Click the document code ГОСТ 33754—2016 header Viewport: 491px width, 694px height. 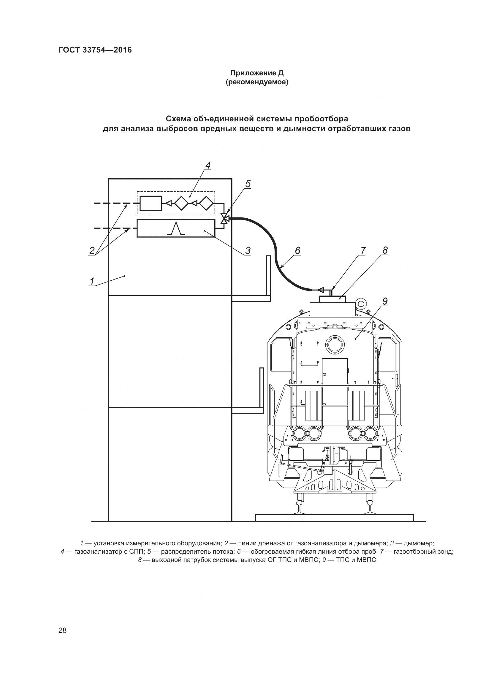click(x=95, y=50)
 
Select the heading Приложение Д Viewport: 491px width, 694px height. click(x=257, y=73)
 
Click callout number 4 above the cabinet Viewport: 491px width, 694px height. click(x=208, y=165)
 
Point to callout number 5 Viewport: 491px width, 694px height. click(x=248, y=184)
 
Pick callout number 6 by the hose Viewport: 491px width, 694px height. click(x=297, y=250)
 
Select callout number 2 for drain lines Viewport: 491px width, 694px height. click(x=92, y=250)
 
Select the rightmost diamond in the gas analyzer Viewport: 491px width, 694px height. click(x=208, y=203)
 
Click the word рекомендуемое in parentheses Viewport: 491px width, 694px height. click(x=257, y=82)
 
